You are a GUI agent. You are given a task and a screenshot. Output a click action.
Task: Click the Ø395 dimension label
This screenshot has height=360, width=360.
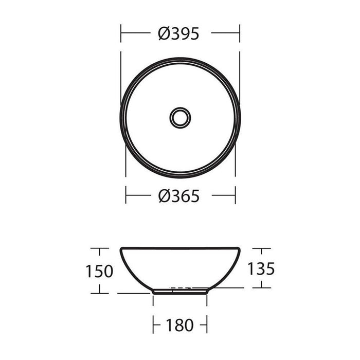coord(178,34)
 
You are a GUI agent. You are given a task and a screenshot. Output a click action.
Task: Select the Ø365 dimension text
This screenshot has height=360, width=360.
coord(178,196)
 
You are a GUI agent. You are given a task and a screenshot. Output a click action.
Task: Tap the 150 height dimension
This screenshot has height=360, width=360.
coord(99,271)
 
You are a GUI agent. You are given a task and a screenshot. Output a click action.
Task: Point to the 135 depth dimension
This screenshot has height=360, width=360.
coord(261,268)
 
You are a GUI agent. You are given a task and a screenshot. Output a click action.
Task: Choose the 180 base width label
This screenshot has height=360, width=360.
coord(179,325)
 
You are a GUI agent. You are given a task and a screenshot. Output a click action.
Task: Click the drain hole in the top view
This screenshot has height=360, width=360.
coord(180,118)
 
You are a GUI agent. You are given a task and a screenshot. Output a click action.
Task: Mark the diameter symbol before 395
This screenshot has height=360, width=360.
coord(164,34)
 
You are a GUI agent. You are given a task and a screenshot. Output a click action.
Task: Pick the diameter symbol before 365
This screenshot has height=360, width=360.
coord(164,196)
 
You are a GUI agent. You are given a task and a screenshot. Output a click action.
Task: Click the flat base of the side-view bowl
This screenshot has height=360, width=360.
coord(180,294)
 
